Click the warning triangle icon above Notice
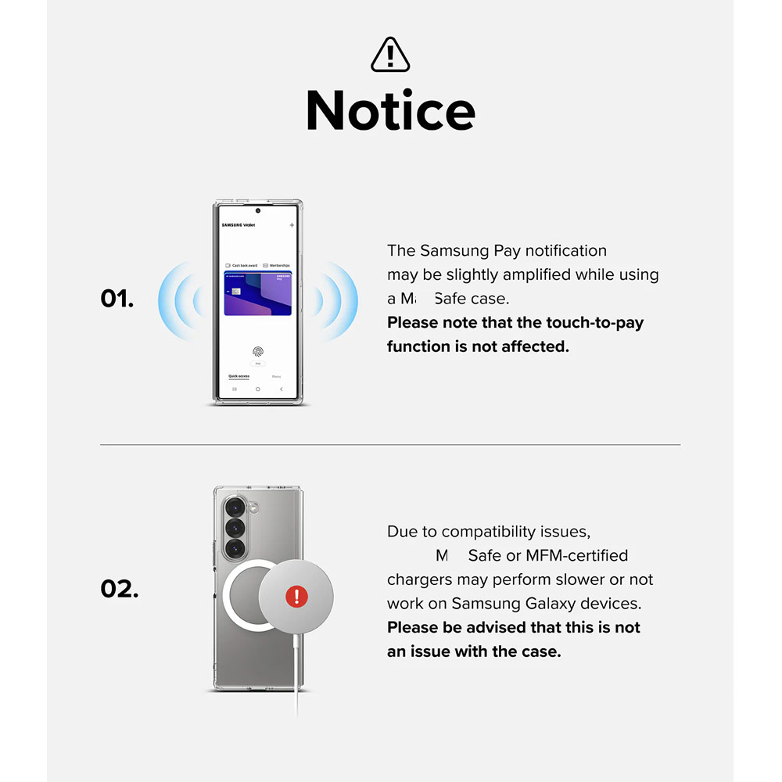(390, 55)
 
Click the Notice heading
(390, 110)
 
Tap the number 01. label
(117, 299)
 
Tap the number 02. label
(120, 588)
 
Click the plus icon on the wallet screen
(292, 225)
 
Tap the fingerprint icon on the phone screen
(257, 352)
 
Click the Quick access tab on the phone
(239, 376)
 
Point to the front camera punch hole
(257, 210)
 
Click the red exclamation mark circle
(297, 597)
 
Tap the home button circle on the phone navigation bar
(257, 389)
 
